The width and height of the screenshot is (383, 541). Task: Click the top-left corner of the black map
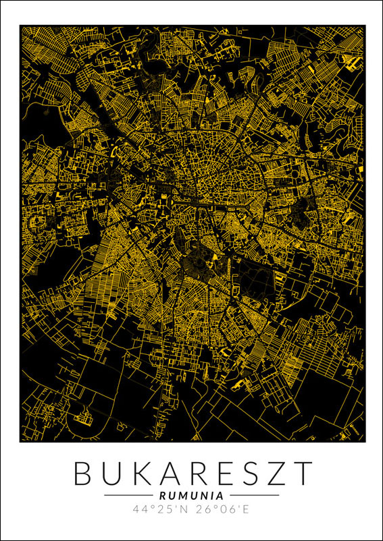tap(20, 26)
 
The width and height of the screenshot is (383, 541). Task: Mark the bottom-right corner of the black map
tap(365, 442)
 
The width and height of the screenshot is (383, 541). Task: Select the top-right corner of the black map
tap(365, 26)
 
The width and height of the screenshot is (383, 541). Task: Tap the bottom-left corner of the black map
tap(20, 442)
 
